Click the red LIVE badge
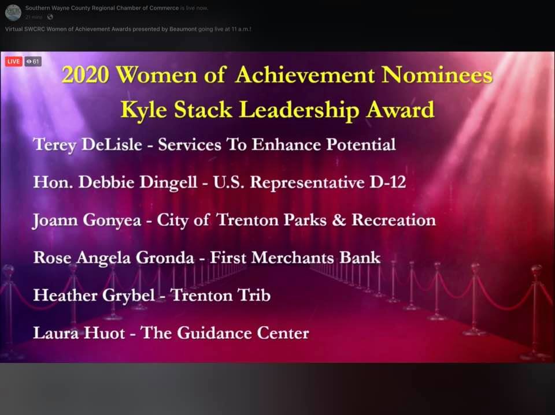[14, 62]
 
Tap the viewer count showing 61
[33, 62]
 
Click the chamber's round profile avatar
[13, 13]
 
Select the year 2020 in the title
[86, 74]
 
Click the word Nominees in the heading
[437, 74]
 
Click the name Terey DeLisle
[87, 144]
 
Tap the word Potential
[361, 144]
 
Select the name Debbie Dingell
[138, 182]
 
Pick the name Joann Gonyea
[87, 220]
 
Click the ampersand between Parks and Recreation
[339, 220]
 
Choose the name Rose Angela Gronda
[114, 257]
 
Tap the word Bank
[360, 257]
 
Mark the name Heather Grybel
[94, 296]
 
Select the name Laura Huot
[79, 333]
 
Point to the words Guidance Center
[243, 333]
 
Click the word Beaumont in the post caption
[183, 29]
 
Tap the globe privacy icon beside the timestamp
[50, 17]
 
